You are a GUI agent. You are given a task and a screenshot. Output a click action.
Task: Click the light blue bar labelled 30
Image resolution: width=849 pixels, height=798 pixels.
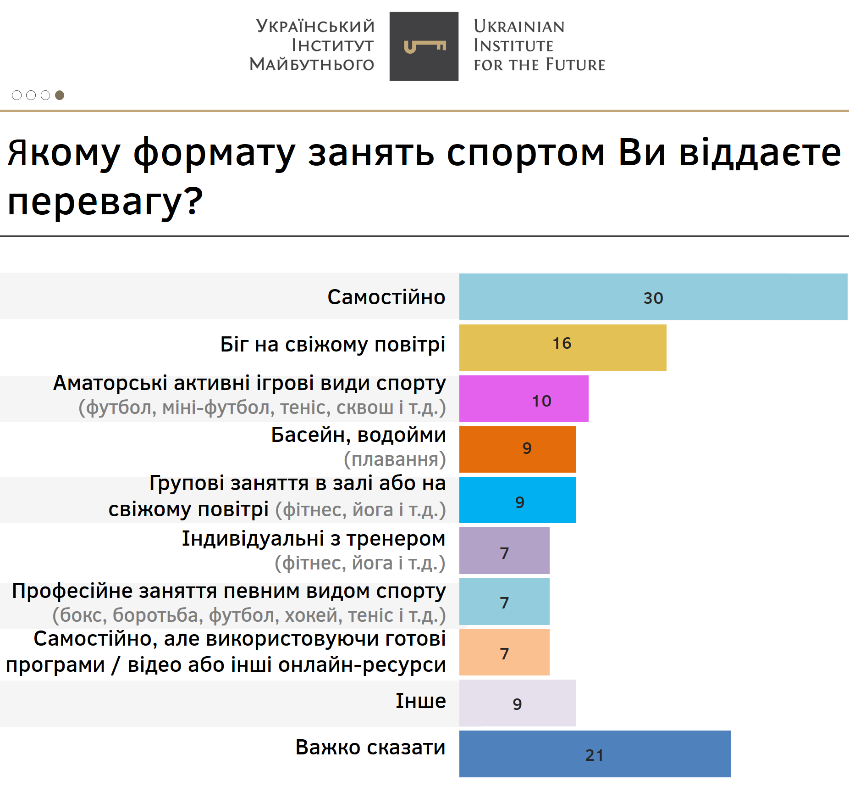pyautogui.click(x=653, y=297)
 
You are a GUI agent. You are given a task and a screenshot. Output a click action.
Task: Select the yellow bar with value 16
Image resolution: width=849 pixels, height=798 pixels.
pyautogui.click(x=562, y=347)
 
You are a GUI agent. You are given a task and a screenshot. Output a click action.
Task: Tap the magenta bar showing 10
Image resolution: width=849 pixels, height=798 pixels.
pyautogui.click(x=524, y=398)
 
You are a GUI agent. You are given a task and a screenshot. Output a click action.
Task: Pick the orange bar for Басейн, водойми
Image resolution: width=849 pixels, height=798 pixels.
pyautogui.click(x=517, y=449)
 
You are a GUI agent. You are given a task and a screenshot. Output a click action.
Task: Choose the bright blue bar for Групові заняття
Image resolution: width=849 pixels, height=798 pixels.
pyautogui.click(x=517, y=500)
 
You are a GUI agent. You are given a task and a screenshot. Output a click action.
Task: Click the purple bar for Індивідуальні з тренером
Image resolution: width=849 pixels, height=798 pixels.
pyautogui.click(x=504, y=551)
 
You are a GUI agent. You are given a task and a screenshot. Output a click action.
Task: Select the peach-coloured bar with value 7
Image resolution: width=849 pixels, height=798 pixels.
pyautogui.click(x=504, y=652)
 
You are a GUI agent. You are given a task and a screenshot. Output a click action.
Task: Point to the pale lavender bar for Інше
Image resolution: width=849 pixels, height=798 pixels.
pyautogui.click(x=517, y=703)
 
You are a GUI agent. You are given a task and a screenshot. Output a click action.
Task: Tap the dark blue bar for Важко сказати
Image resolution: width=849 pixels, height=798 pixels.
pyautogui.click(x=595, y=754)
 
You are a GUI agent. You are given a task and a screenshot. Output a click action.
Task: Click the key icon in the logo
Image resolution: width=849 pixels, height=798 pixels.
pyautogui.click(x=424, y=46)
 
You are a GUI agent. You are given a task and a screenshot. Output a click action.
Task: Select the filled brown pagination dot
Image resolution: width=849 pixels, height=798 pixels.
pyautogui.click(x=60, y=95)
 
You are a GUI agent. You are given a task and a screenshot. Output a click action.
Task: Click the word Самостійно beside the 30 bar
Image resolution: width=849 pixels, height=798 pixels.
pyautogui.click(x=386, y=297)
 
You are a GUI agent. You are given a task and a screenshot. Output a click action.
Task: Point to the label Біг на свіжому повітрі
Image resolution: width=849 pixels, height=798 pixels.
pyautogui.click(x=333, y=345)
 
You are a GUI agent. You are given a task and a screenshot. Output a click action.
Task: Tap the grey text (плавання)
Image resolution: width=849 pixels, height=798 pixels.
pyautogui.click(x=395, y=459)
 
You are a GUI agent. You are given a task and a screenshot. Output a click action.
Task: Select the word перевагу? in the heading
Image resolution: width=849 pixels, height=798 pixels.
pyautogui.click(x=105, y=202)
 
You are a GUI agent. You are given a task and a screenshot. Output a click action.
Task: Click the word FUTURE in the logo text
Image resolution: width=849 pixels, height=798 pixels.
pyautogui.click(x=575, y=65)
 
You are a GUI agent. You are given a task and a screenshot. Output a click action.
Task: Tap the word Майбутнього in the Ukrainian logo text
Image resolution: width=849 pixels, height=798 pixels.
pyautogui.click(x=312, y=64)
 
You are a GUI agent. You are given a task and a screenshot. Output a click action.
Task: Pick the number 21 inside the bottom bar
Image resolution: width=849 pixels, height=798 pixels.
pyautogui.click(x=595, y=755)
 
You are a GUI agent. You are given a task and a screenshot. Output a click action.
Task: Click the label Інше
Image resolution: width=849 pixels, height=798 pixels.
pyautogui.click(x=421, y=701)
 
